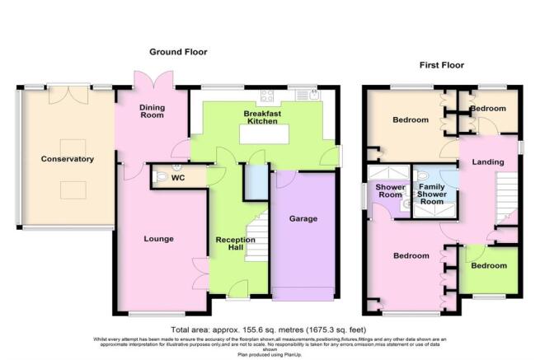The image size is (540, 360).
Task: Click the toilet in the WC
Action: [x=162, y=176]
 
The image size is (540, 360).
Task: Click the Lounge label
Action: [x=158, y=239]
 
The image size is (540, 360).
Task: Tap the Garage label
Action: [x=303, y=221]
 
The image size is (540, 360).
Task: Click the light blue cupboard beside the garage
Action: [x=257, y=181]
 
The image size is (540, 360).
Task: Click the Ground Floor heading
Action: [x=177, y=52]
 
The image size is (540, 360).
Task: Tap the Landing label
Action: [x=487, y=162]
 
